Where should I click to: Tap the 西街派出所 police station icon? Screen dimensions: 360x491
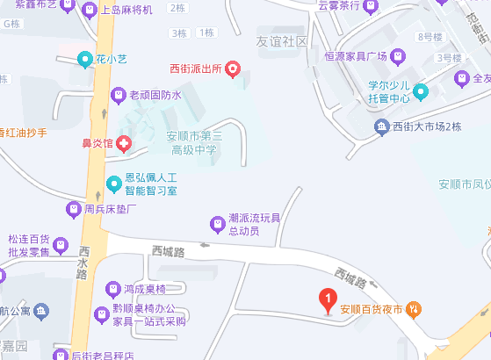point(233,68)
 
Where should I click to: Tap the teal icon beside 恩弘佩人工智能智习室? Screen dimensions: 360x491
point(113,184)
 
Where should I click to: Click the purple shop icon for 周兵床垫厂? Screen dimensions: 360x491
point(74,210)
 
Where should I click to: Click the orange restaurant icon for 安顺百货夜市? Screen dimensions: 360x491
point(414,309)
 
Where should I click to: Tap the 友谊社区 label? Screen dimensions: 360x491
point(282,41)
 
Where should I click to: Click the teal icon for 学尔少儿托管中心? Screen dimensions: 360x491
point(421,90)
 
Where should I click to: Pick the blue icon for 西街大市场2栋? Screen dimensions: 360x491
point(382,128)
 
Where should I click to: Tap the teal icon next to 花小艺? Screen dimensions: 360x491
point(84,60)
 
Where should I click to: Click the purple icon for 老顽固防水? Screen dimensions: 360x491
point(118,94)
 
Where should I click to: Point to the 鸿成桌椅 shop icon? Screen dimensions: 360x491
point(112,288)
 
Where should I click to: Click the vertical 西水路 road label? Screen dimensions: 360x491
point(82,261)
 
